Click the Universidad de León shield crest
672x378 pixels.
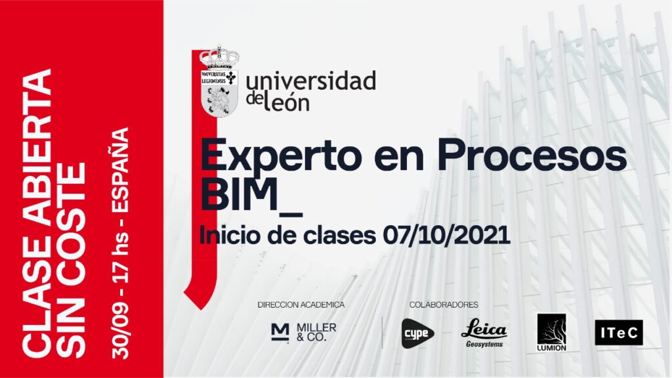tap(219, 81)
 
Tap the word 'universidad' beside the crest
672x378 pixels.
tap(310, 81)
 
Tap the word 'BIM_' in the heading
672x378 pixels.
tap(251, 196)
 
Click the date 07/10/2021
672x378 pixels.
tap(446, 235)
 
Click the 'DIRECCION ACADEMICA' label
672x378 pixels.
tap(301, 304)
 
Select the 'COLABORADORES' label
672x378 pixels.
tap(444, 304)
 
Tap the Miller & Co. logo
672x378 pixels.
tap(304, 331)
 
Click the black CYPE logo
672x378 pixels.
tap(417, 333)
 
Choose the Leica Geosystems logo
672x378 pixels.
tap(484, 333)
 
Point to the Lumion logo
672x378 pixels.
tap(551, 333)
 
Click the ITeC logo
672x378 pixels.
tap(619, 333)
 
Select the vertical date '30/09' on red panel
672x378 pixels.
tap(119, 329)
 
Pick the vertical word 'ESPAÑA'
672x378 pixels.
tap(119, 170)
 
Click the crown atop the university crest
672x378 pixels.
tap(219, 56)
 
